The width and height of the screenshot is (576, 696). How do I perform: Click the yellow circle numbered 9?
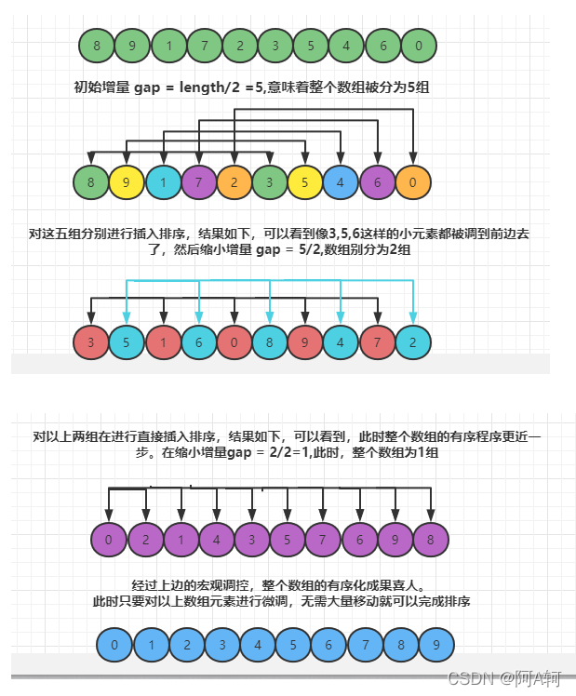coord(127,181)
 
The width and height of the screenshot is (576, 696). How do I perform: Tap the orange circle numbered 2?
coord(234,181)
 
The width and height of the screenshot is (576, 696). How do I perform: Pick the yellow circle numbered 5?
coord(305,181)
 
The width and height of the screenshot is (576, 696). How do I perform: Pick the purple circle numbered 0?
coord(110,540)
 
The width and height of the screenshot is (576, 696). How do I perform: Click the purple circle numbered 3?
coord(252,540)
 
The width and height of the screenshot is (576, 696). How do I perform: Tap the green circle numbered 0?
coord(419,45)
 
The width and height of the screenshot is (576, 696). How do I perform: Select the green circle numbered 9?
coord(132,45)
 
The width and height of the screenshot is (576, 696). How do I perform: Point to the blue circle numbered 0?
coord(114,644)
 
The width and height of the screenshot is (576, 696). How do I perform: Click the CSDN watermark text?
coord(469,678)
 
